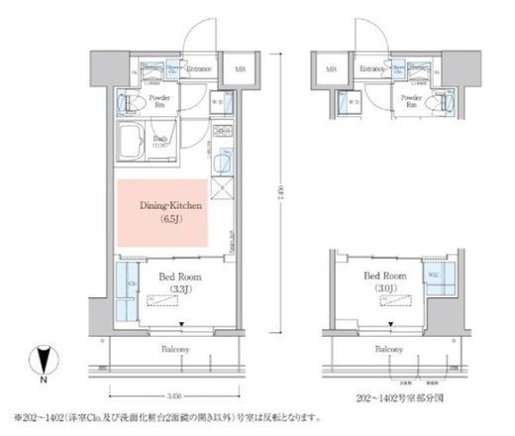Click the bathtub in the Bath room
click(x=132, y=140)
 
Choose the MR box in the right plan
click(x=331, y=70)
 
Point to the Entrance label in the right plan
click(x=371, y=69)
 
